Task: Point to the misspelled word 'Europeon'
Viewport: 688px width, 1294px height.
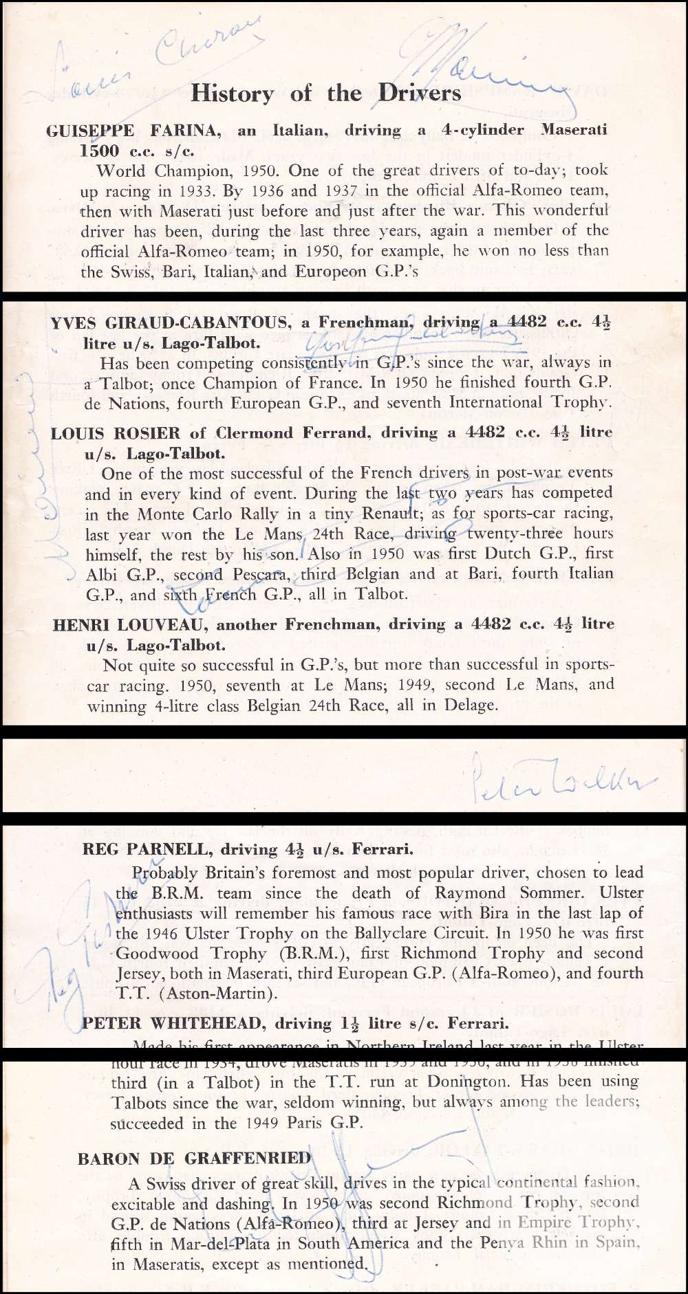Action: click(x=330, y=271)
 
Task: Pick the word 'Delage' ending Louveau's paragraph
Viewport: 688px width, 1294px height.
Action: click(x=470, y=705)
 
